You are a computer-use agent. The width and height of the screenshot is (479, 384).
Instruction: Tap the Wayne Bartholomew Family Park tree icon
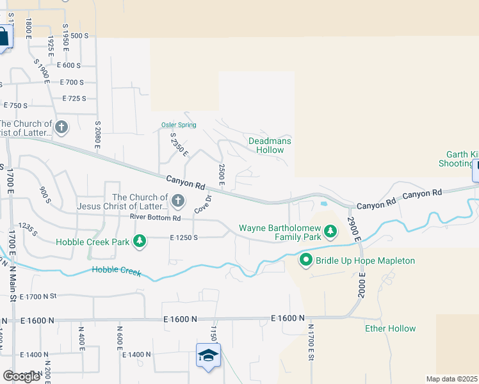tap(330, 230)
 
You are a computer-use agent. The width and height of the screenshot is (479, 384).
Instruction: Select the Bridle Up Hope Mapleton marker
tap(306, 260)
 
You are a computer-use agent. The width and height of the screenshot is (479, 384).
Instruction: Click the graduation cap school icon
tap(208, 356)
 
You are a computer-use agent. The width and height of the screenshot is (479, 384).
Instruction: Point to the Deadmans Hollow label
tap(270, 145)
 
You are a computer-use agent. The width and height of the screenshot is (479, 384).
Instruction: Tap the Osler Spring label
tap(178, 125)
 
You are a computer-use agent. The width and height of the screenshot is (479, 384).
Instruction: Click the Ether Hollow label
tap(390, 328)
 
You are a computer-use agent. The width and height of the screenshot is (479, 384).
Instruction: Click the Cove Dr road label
tap(202, 204)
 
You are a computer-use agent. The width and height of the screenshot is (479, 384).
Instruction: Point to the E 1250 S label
tap(186, 237)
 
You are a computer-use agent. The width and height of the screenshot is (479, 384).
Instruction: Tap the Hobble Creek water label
tap(116, 271)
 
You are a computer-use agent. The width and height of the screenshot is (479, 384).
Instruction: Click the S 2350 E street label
tap(179, 145)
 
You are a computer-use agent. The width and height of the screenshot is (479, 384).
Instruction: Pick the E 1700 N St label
tap(38, 296)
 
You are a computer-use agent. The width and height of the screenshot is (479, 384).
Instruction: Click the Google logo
tap(21, 376)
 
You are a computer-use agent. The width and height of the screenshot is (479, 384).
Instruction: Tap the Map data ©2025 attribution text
tap(451, 379)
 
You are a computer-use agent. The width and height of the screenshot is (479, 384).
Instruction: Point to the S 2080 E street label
tap(97, 134)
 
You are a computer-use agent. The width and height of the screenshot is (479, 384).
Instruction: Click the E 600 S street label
tap(69, 65)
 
